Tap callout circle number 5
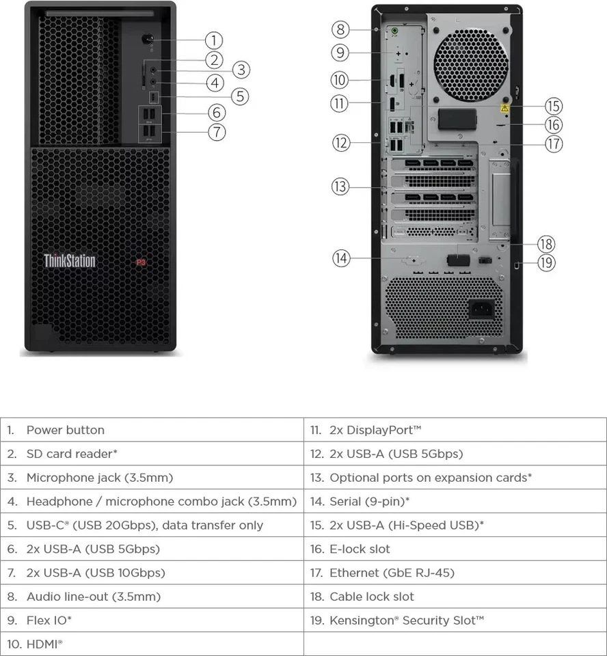pos(239,96)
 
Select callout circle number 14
pos(342,258)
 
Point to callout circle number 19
pos(545,263)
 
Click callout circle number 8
pos(341,29)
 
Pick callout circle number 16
pos(553,124)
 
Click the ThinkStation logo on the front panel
pos(70,260)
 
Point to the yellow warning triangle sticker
pos(505,108)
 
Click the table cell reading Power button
pos(66,430)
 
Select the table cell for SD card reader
pos(72,454)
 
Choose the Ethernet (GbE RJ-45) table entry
pos(392,573)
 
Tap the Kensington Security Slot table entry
pos(407,620)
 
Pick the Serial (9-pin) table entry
pos(369,502)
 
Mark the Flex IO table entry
pos(49,620)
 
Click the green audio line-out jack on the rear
pos(394,30)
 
